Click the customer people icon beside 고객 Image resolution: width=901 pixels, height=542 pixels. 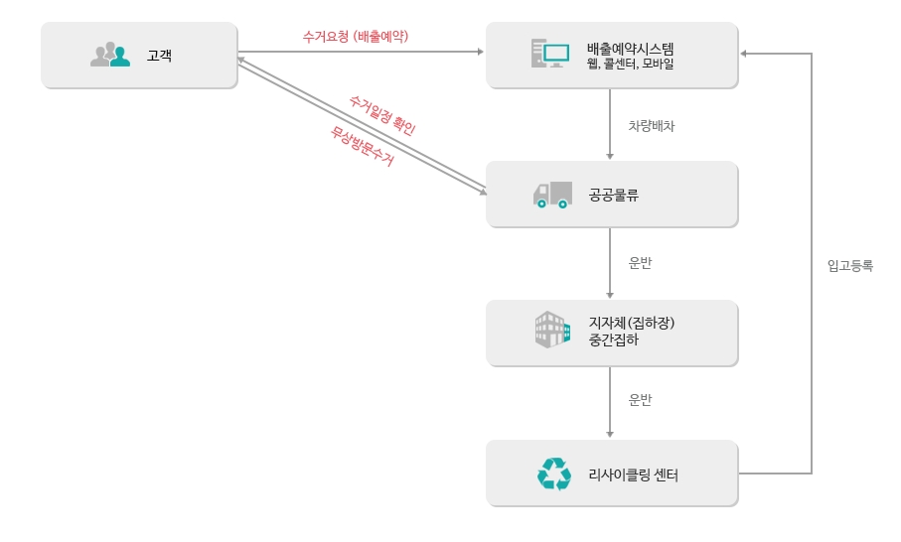[110, 56]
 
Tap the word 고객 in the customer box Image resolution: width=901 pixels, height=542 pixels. [159, 57]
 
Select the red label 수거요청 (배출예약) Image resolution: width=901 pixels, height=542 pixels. [356, 36]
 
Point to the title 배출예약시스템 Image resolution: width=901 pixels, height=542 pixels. [630, 48]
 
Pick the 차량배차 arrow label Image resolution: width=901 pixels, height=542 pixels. [652, 126]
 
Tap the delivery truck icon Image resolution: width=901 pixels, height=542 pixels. [552, 195]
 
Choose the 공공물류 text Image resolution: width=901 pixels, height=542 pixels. [613, 196]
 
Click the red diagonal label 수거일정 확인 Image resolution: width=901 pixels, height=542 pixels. [382, 115]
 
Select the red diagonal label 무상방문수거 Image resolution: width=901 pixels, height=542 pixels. [363, 146]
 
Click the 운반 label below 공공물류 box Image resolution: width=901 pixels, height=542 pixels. [641, 264]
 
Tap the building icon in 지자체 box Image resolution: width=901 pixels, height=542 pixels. [552, 331]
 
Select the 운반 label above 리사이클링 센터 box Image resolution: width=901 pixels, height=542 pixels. [641, 400]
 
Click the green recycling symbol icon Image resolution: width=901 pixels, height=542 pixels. [553, 474]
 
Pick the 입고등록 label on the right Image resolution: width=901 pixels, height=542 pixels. [849, 266]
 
